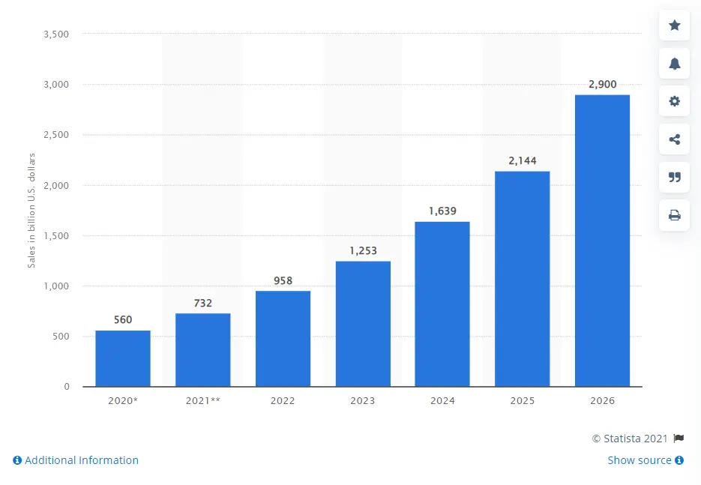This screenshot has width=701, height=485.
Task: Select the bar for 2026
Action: click(x=602, y=241)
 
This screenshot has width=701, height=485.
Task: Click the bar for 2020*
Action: click(x=122, y=358)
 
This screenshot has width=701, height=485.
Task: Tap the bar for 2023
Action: click(x=363, y=324)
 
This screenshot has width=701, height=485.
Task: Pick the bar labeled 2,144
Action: click(x=522, y=279)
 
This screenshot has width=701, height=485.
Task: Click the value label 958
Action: click(x=283, y=280)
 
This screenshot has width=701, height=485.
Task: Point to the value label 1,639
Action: click(x=442, y=211)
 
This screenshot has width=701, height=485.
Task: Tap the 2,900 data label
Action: click(x=602, y=85)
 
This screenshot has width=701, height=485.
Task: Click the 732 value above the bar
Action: click(x=202, y=303)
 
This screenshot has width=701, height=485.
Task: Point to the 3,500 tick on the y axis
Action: click(x=56, y=34)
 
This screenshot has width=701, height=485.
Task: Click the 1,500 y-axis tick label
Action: click(x=56, y=235)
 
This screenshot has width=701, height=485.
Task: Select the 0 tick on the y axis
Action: click(x=66, y=387)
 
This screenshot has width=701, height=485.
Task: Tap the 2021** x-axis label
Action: click(x=202, y=401)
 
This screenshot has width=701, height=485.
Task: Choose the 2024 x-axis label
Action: click(x=442, y=401)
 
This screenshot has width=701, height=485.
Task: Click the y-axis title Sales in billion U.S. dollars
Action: click(x=32, y=210)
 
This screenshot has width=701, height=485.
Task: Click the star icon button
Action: click(x=674, y=25)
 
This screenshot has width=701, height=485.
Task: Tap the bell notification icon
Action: click(x=674, y=64)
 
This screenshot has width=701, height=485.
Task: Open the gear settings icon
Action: click(x=674, y=101)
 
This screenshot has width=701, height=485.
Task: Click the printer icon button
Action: click(x=674, y=215)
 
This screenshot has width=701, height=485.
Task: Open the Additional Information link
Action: click(x=76, y=460)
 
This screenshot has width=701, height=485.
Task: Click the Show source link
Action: click(x=645, y=460)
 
